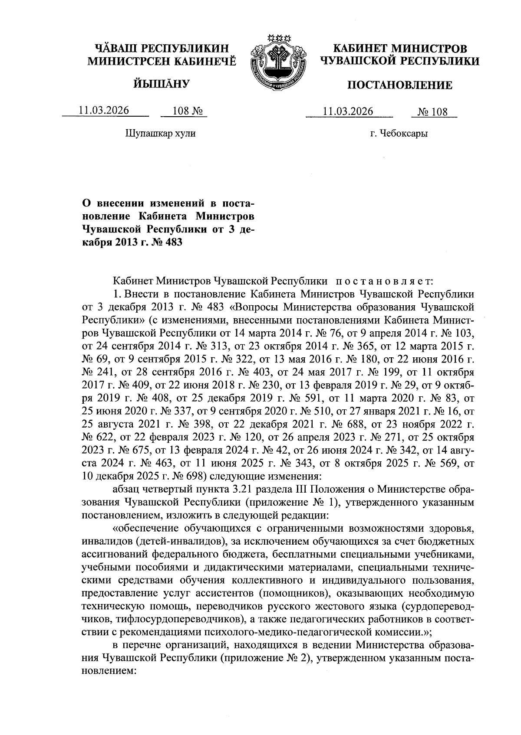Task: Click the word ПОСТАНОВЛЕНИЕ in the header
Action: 399,85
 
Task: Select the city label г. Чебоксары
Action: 399,134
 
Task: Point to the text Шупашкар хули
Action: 161,134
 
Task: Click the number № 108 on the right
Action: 432,112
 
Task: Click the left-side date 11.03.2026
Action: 104,110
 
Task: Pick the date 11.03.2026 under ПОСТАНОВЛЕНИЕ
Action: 349,111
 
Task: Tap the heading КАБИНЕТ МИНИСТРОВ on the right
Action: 400,48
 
